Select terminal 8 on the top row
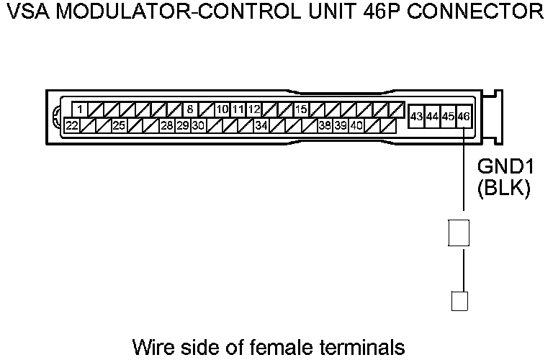click(190, 109)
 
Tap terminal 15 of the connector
click(301, 109)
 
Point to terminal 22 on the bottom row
click(72, 125)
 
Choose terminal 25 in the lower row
click(120, 125)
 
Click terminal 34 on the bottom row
click(261, 125)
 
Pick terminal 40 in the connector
click(356, 125)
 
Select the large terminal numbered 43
click(416, 116)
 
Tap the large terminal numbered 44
click(432, 116)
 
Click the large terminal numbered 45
click(448, 116)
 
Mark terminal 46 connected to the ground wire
click(464, 116)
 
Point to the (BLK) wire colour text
click(504, 189)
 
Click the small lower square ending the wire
click(459, 300)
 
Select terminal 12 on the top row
click(253, 109)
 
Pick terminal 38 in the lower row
click(325, 125)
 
